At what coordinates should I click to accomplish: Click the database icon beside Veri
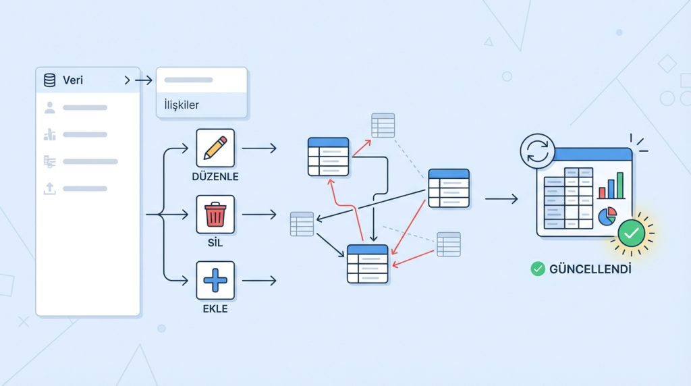[x=49, y=81]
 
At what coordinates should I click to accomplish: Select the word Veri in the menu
[x=72, y=81]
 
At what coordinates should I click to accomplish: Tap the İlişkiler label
[x=182, y=105]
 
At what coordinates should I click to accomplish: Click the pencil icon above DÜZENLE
[x=215, y=148]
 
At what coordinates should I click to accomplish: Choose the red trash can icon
[x=215, y=215]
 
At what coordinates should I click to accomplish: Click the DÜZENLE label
[x=215, y=177]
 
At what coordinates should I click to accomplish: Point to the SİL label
[x=215, y=243]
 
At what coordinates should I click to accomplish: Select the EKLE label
[x=215, y=309]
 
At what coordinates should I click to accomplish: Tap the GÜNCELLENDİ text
[x=590, y=269]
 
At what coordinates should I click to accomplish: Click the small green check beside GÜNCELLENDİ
[x=538, y=269]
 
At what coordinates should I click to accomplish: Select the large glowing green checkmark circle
[x=632, y=233]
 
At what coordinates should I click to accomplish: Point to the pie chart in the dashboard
[x=607, y=217]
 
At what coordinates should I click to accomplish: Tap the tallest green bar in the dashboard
[x=620, y=185]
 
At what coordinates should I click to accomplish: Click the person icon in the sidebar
[x=49, y=107]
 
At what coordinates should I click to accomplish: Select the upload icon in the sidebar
[x=49, y=189]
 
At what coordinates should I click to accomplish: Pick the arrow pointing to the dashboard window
[x=501, y=198]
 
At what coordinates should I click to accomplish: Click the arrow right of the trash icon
[x=259, y=215]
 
